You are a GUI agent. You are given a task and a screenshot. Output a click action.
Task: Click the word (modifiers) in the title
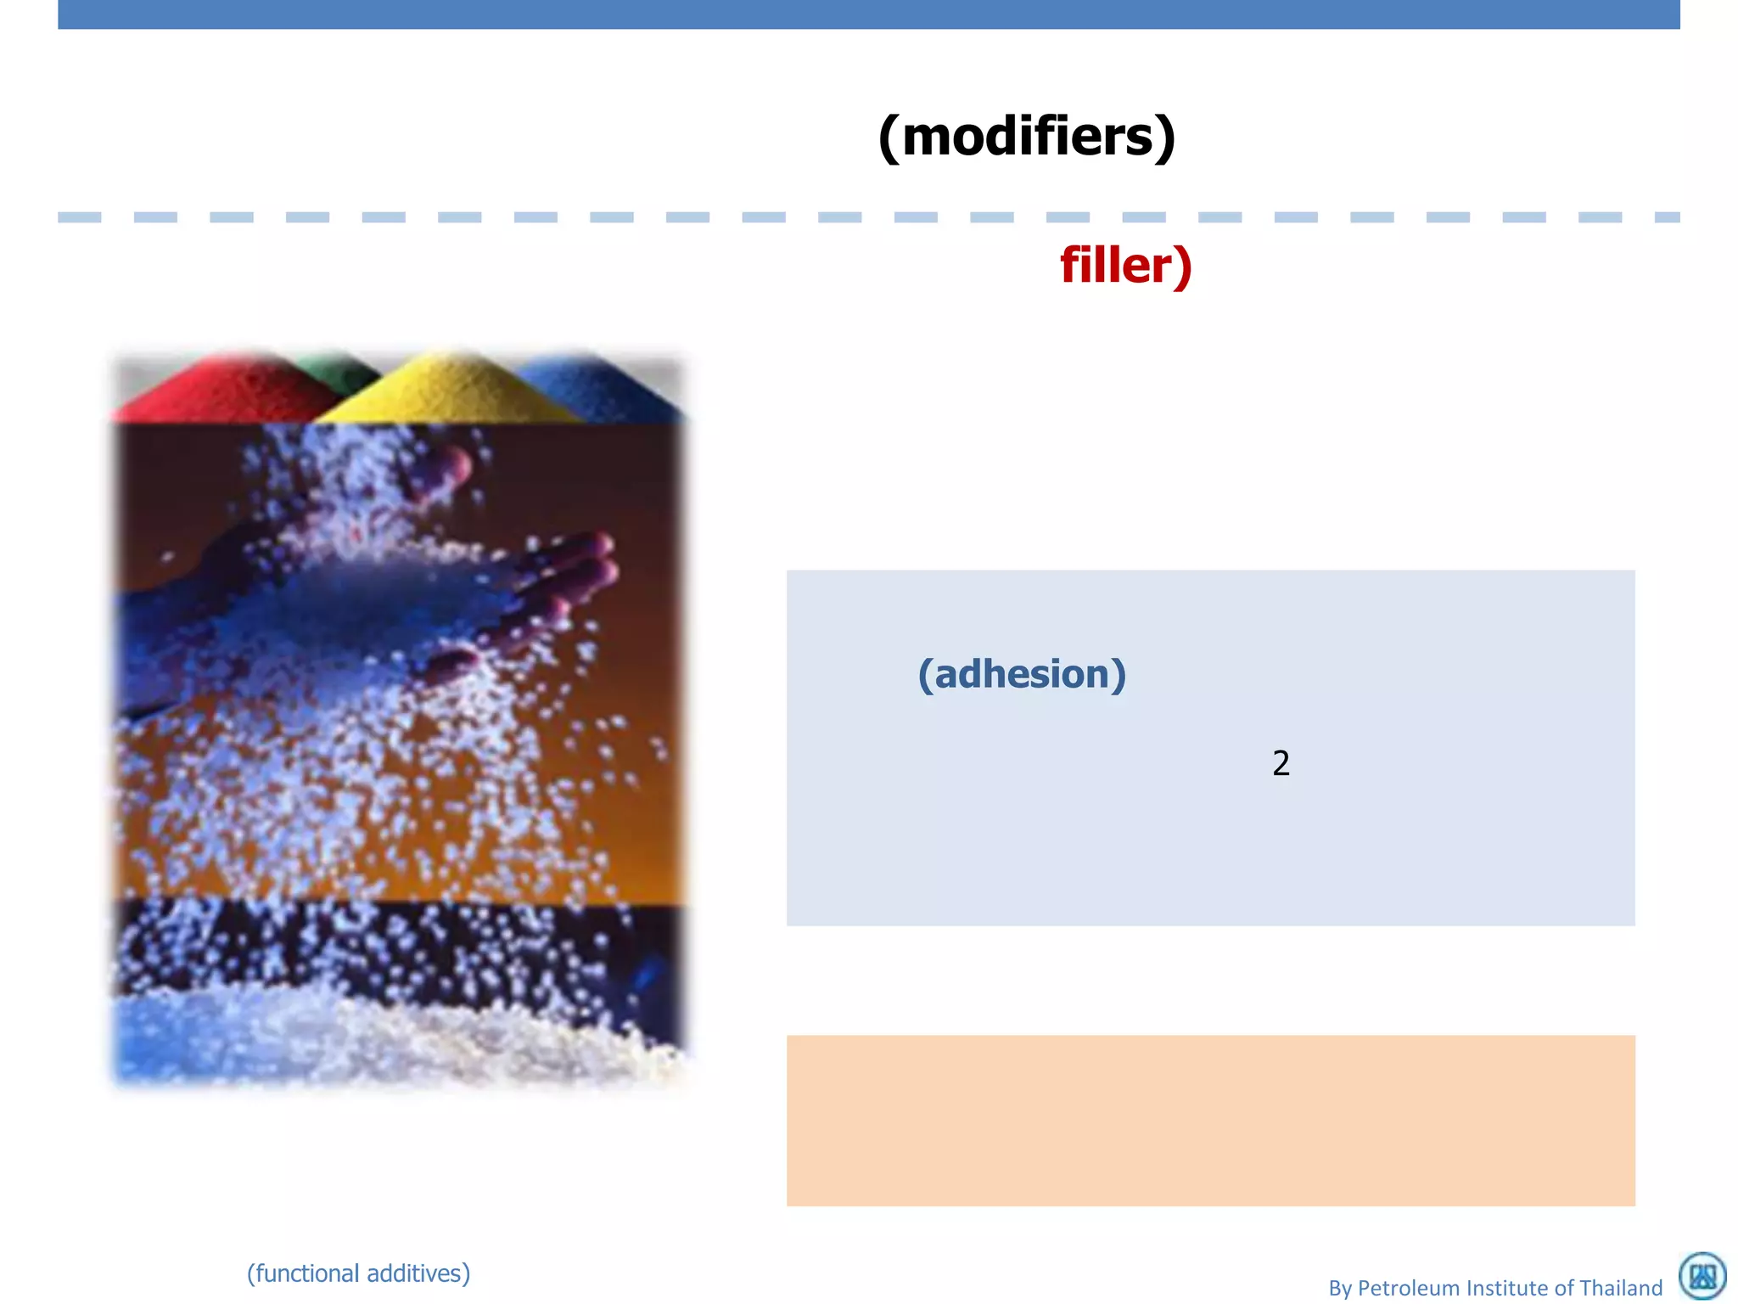pyautogui.click(x=1027, y=136)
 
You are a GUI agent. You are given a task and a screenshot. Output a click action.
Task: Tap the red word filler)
pyautogui.click(x=1126, y=266)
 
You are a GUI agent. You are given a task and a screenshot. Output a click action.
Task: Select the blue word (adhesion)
pyautogui.click(x=1022, y=674)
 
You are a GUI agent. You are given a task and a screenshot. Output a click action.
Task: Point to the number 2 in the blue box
pyautogui.click(x=1281, y=763)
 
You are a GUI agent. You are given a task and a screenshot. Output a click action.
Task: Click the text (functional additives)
pyautogui.click(x=358, y=1273)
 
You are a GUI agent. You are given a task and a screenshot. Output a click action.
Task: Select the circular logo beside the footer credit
pyautogui.click(x=1702, y=1275)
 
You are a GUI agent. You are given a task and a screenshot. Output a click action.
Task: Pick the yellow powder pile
pyautogui.click(x=450, y=391)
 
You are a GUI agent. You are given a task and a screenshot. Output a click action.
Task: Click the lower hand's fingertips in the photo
pyautogui.click(x=586, y=560)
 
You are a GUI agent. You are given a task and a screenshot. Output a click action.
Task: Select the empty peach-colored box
pyautogui.click(x=1210, y=1121)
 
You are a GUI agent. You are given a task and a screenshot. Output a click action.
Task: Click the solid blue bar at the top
pyautogui.click(x=869, y=14)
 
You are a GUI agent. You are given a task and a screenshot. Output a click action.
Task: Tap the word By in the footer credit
pyautogui.click(x=1340, y=1288)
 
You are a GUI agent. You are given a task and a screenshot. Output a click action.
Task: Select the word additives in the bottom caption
pyautogui.click(x=416, y=1273)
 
